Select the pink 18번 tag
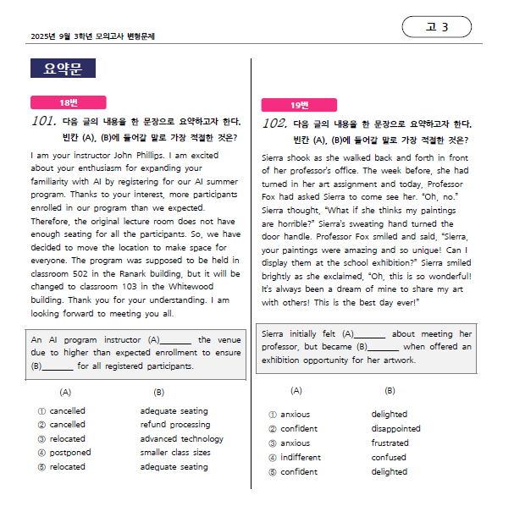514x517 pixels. click(x=68, y=102)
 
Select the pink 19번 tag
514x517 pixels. click(x=300, y=105)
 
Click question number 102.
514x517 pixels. click(x=275, y=124)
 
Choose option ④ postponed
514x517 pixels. click(x=64, y=453)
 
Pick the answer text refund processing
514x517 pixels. click(x=174, y=425)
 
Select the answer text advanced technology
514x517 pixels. click(x=181, y=439)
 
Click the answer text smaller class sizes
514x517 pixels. click(x=175, y=453)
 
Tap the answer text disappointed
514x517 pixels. click(x=395, y=429)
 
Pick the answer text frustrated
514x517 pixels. click(x=390, y=443)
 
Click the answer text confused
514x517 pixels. click(x=389, y=458)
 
